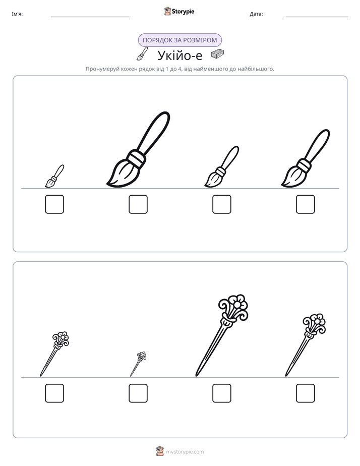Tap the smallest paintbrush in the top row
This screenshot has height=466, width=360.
click(x=54, y=176)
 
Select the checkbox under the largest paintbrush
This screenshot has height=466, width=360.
click(x=138, y=204)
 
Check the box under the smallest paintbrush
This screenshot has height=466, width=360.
click(x=54, y=204)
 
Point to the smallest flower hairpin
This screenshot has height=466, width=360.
click(x=139, y=364)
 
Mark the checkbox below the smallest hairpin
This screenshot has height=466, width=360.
click(x=138, y=393)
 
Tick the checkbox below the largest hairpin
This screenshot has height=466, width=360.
click(x=221, y=393)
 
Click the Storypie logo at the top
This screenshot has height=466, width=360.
click(x=179, y=11)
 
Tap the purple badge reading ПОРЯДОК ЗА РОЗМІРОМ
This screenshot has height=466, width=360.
click(x=179, y=40)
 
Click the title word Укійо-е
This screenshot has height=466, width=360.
click(x=179, y=55)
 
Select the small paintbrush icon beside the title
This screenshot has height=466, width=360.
click(x=142, y=54)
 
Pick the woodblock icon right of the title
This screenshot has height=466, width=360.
click(x=217, y=54)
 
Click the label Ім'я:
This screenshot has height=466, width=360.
click(x=17, y=14)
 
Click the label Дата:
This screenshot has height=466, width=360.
click(x=256, y=14)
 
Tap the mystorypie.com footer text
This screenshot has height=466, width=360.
click(x=185, y=452)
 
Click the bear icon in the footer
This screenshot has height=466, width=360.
click(x=160, y=451)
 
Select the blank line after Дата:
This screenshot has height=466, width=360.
click(x=317, y=17)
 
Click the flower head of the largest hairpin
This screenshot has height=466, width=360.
click(x=233, y=307)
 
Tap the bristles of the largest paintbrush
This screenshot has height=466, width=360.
click(x=123, y=174)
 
